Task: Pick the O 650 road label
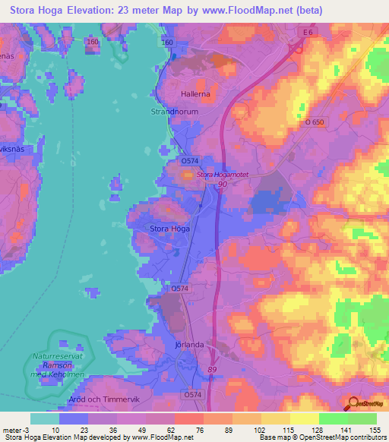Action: pos(315,122)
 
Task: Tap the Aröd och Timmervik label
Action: pos(100,398)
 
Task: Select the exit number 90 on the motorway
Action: pos(223,185)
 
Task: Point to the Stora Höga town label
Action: pos(169,228)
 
